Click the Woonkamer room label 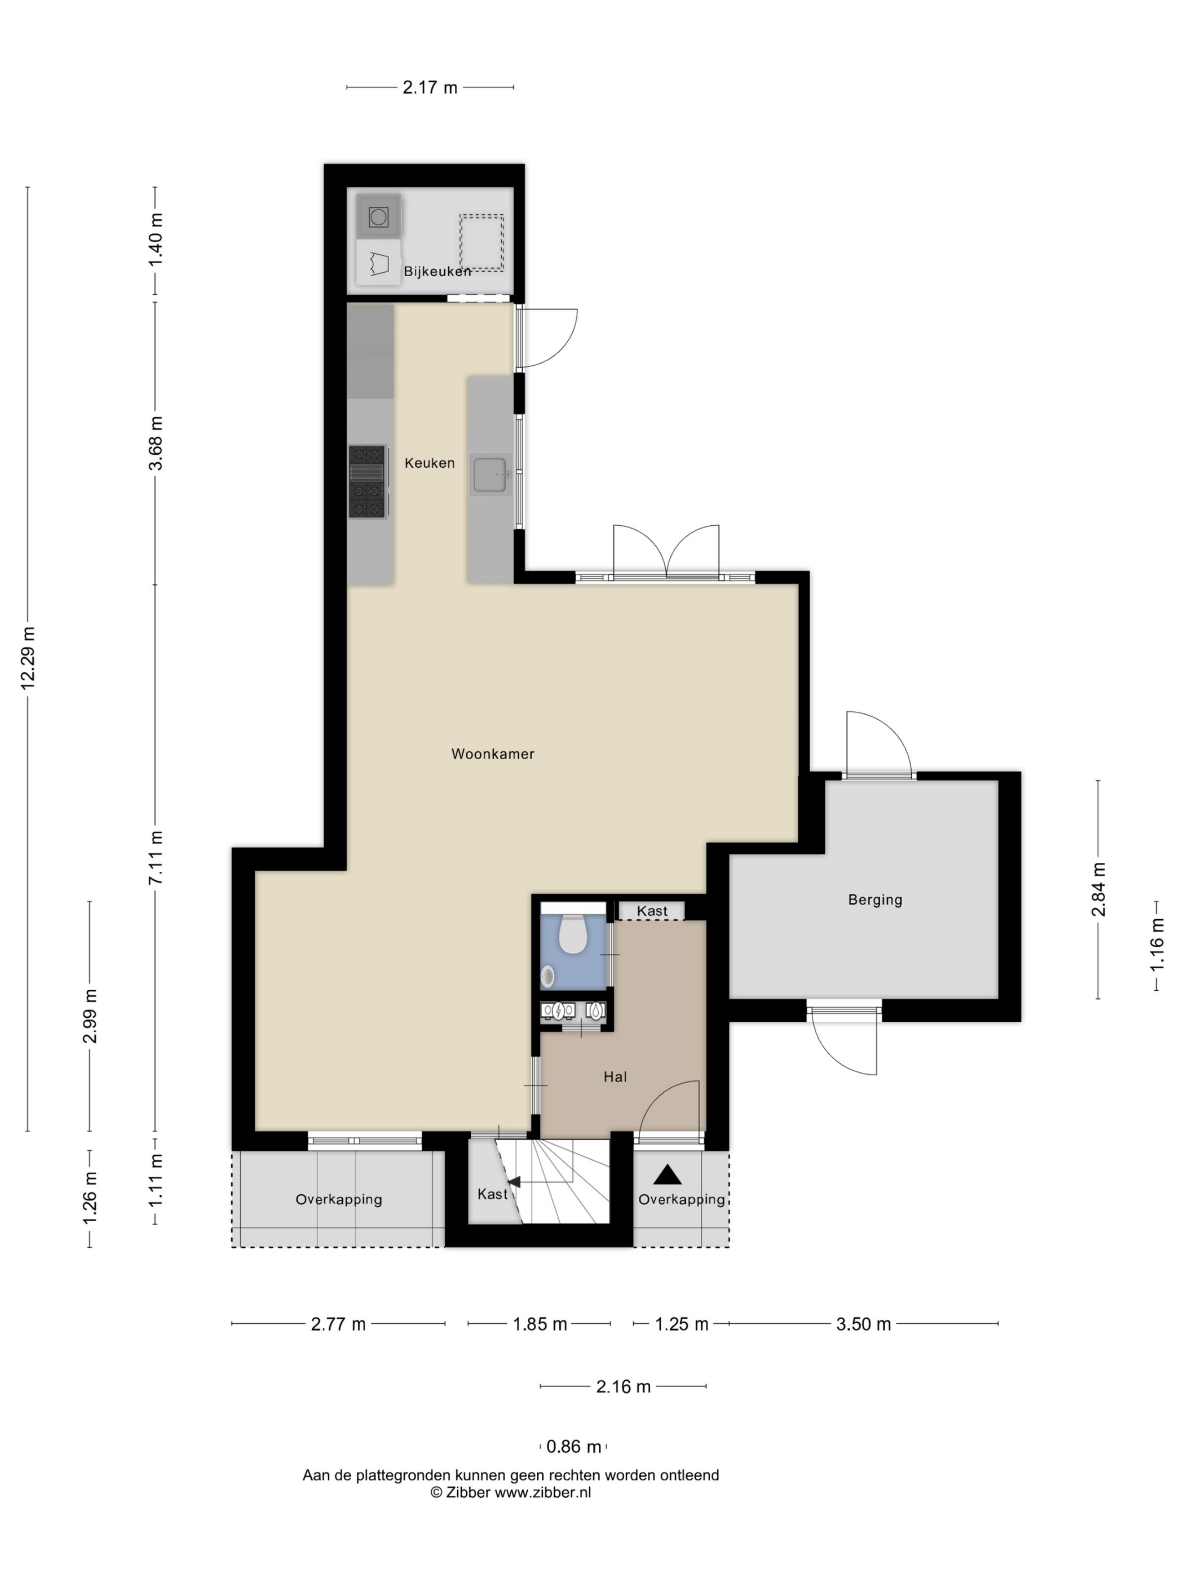[x=492, y=754]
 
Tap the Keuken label [x=430, y=463]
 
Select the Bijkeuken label [x=438, y=271]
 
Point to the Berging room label [x=875, y=900]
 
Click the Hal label [x=615, y=1077]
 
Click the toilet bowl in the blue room [x=572, y=934]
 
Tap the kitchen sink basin [x=491, y=475]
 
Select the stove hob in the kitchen [x=368, y=481]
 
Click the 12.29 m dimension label [x=28, y=658]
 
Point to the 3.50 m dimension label [x=864, y=1325]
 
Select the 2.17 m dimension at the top [x=430, y=88]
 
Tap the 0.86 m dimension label [x=573, y=1447]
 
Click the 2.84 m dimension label [x=1098, y=889]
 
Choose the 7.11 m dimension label [x=156, y=858]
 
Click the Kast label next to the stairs [x=492, y=1194]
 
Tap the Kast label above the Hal [x=652, y=911]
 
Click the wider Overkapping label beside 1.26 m [x=339, y=1200]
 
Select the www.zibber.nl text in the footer [x=543, y=1492]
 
